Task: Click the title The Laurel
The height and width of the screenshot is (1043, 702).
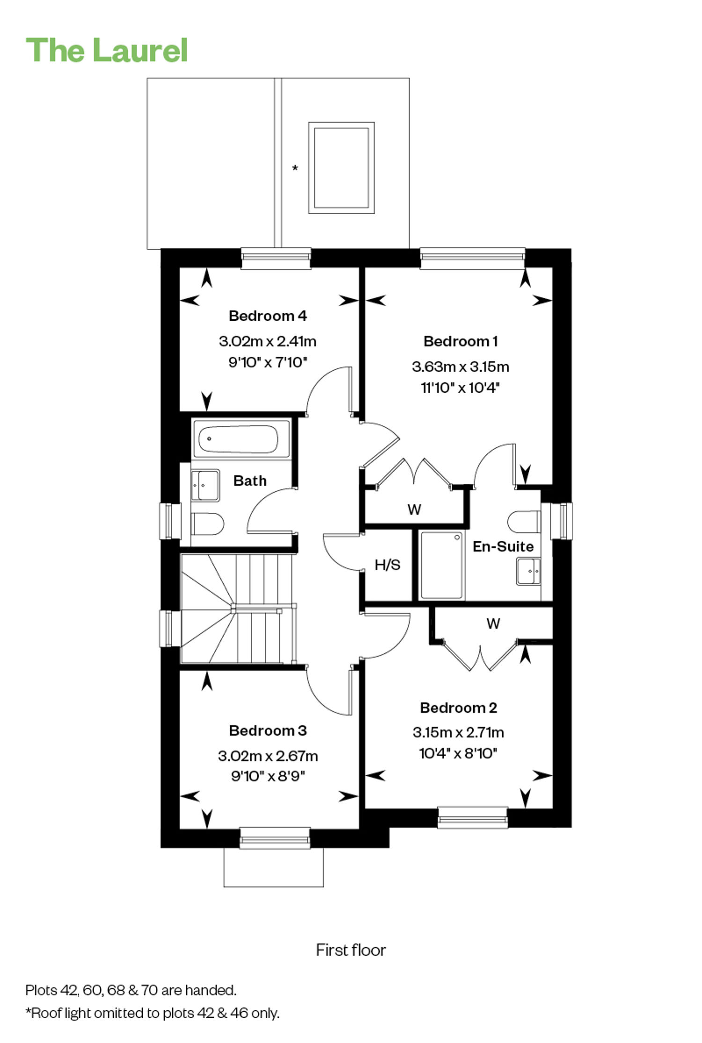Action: point(107,50)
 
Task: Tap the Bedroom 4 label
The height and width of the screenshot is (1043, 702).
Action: point(268,316)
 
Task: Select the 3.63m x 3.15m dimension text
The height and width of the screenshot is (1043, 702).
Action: point(461,367)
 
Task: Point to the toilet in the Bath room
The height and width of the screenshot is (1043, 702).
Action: point(207,524)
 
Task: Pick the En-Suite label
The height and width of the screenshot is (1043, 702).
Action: point(503,547)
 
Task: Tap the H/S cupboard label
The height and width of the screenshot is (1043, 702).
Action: point(388,565)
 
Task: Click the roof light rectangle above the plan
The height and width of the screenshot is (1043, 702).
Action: point(341,168)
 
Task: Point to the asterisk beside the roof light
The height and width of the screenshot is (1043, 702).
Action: point(295,167)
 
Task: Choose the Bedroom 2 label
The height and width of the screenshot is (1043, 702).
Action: point(459,708)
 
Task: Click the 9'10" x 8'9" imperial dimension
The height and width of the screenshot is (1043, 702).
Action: point(268,776)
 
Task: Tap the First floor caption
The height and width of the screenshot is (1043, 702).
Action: point(351,950)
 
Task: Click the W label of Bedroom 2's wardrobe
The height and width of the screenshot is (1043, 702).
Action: point(493,623)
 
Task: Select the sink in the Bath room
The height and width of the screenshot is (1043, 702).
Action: point(205,485)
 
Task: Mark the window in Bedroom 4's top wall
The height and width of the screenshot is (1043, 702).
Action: point(276,258)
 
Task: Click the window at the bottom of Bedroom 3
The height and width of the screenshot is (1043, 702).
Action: point(275,838)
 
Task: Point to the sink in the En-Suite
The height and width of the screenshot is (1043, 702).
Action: point(529,571)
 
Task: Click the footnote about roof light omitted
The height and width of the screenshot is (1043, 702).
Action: point(153,1013)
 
